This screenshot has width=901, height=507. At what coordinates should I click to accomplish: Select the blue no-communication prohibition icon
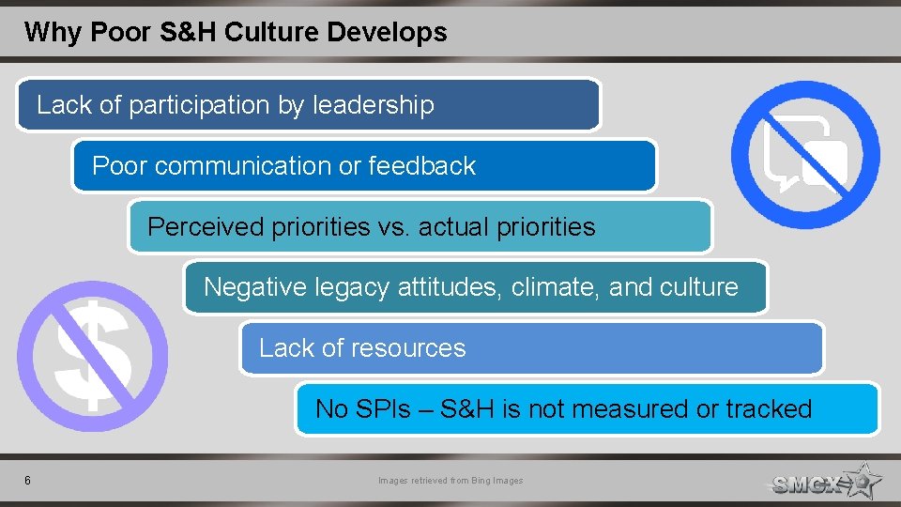point(805,154)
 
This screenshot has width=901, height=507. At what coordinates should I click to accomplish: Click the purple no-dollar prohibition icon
point(92,356)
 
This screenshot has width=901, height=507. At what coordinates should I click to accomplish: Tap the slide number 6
point(28,481)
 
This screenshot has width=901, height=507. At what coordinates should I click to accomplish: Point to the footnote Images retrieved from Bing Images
point(450,481)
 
